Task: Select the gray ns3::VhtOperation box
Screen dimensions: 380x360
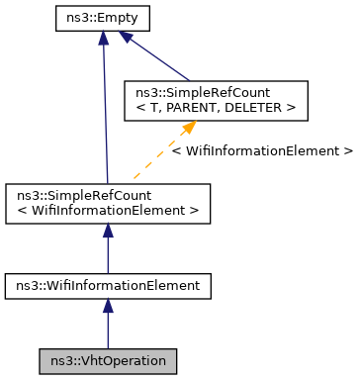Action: pos(108,361)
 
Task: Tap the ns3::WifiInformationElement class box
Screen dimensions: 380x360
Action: pos(108,286)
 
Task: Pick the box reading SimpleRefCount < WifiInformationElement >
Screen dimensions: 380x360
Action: pos(108,203)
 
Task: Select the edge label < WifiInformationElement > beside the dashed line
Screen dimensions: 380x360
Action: pos(261,151)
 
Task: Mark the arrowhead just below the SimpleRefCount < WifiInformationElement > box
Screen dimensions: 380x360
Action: pos(108,230)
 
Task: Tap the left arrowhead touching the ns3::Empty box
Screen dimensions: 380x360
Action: pos(103,37)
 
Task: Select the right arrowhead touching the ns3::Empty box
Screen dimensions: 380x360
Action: pos(127,38)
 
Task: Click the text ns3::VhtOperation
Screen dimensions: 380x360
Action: pos(108,361)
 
